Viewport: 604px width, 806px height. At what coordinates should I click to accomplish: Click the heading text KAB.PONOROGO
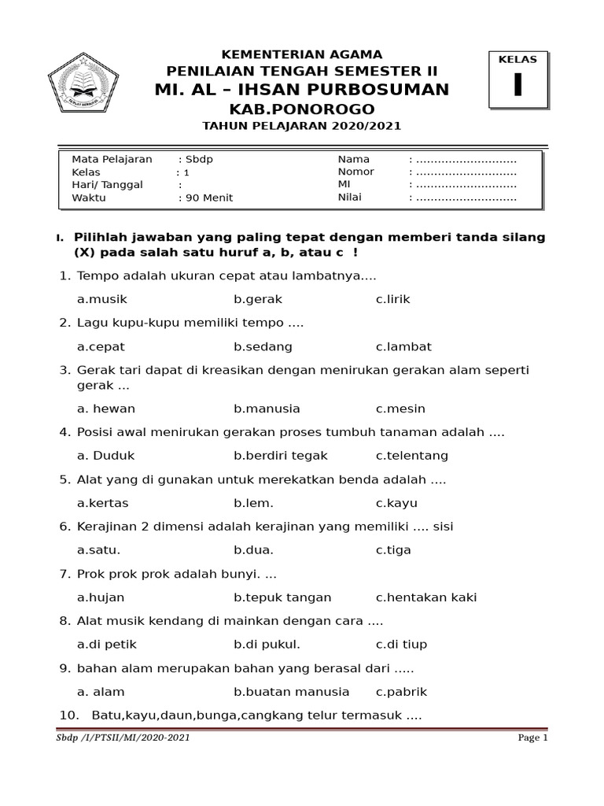(x=302, y=109)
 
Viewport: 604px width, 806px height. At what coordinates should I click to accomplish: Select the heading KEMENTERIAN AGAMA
(x=302, y=54)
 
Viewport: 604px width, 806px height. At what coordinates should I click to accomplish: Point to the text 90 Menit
(x=208, y=198)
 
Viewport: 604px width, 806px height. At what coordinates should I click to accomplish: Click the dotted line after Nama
(x=466, y=159)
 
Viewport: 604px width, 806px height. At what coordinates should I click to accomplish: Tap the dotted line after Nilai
(x=466, y=198)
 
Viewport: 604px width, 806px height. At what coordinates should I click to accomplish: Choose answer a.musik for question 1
(x=102, y=300)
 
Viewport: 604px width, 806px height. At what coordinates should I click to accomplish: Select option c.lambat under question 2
(x=403, y=347)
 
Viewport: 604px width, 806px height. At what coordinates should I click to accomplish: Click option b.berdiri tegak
(x=280, y=456)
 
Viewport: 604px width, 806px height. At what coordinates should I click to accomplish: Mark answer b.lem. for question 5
(x=253, y=503)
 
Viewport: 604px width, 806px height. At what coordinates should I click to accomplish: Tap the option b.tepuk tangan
(x=282, y=597)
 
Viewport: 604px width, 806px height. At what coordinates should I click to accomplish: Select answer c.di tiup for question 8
(x=401, y=645)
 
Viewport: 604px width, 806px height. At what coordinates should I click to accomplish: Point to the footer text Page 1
(x=532, y=738)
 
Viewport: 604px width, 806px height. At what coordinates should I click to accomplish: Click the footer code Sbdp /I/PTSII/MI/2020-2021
(x=123, y=738)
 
